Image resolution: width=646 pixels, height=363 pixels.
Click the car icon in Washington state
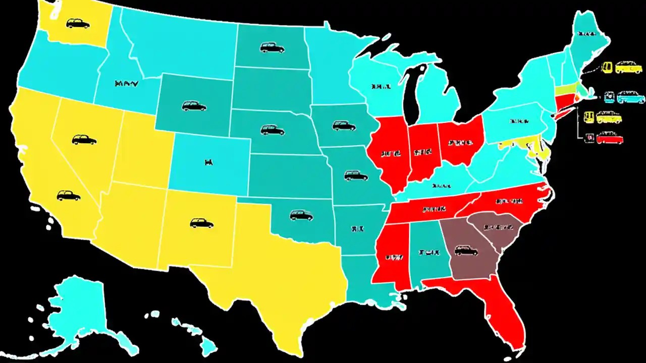[78, 23]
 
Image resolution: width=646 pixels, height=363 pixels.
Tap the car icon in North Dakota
[272, 48]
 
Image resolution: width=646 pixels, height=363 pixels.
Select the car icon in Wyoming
[194, 106]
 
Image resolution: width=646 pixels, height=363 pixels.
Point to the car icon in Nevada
[84, 140]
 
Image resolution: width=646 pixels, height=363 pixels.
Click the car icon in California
[69, 196]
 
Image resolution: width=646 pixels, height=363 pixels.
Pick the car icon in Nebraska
[273, 130]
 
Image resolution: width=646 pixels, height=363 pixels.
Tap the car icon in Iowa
[344, 126]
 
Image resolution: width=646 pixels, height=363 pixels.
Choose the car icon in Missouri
[356, 175]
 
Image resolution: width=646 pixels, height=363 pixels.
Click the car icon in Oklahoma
[301, 215]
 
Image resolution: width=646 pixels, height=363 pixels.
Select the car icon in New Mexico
[201, 222]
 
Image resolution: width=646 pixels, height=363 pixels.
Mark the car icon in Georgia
[466, 250]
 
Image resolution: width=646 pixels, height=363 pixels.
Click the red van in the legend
[610, 138]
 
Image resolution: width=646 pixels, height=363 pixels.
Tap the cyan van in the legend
[631, 97]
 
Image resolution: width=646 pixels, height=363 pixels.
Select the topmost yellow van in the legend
[628, 67]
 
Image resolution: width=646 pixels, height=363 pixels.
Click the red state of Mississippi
[391, 257]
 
